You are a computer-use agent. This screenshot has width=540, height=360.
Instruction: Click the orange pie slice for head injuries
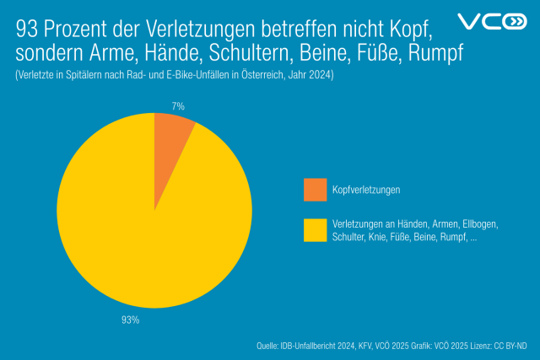[x=172, y=135]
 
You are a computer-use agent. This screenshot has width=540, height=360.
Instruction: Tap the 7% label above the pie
[x=177, y=106]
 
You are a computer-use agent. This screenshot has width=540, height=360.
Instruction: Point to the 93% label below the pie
[x=131, y=320]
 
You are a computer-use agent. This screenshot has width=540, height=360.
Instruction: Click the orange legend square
[x=315, y=191]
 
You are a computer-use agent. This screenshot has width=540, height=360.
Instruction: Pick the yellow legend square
[x=315, y=230]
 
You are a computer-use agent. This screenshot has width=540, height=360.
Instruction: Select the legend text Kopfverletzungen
[x=367, y=191]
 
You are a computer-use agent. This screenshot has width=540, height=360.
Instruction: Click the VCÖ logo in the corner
[x=491, y=22]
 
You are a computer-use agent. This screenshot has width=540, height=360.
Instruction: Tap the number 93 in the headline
[x=27, y=31]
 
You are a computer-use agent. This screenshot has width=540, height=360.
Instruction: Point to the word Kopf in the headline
[x=408, y=31]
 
